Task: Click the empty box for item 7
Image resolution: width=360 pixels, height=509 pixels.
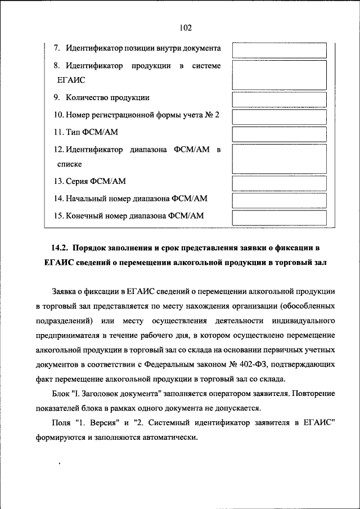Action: click(279, 49)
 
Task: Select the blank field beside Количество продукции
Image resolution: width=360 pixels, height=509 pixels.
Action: click(279, 99)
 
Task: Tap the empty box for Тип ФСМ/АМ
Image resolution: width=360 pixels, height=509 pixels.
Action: click(279, 134)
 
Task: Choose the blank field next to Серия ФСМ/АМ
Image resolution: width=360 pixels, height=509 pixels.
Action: click(279, 183)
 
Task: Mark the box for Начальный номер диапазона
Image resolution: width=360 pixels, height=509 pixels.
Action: click(279, 200)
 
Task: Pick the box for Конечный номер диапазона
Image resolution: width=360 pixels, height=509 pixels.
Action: click(279, 217)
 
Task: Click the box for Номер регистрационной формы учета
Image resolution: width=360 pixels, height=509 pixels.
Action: click(279, 116)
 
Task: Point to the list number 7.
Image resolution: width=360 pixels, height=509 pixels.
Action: click(57, 49)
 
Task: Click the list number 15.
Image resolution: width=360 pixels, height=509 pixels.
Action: click(58, 215)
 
